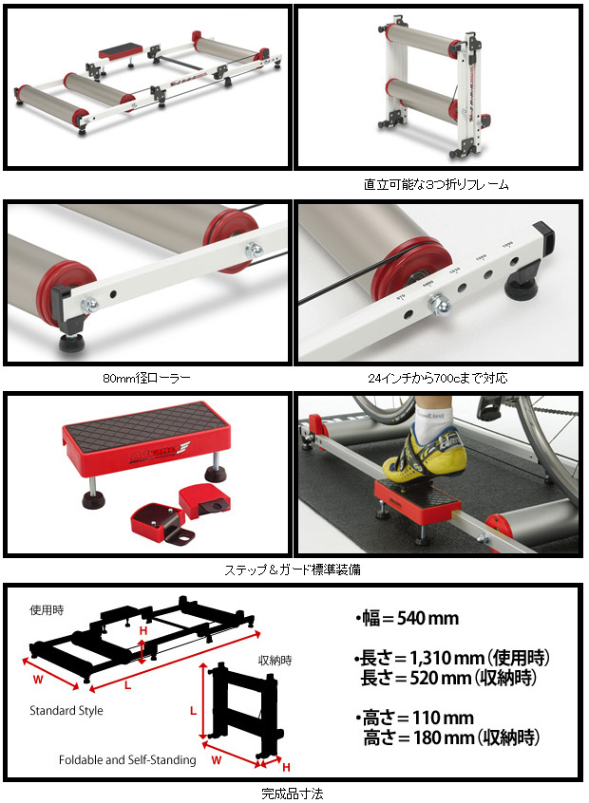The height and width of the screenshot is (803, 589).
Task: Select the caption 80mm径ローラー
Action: point(146,378)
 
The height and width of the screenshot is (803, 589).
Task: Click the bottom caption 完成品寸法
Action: point(294,790)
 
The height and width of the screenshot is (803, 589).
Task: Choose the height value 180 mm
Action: point(424,738)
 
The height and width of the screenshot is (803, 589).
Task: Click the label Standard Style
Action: point(66,710)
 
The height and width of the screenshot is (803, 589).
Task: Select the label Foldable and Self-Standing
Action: point(127,759)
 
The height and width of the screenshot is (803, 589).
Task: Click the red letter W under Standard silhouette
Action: point(39,678)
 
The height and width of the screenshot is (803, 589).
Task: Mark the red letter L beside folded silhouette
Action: point(193,709)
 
